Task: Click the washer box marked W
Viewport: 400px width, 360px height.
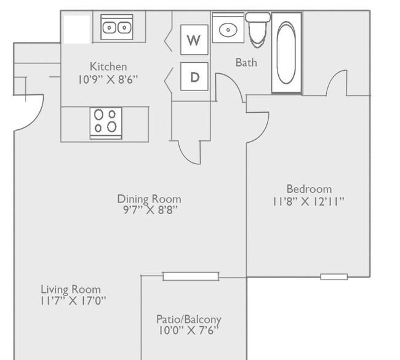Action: [x=194, y=40]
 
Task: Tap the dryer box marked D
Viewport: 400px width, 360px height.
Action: [x=194, y=76]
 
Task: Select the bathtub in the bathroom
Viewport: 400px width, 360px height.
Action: [x=287, y=52]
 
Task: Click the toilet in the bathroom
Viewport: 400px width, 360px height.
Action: [x=258, y=30]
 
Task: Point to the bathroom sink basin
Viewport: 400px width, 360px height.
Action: [x=228, y=30]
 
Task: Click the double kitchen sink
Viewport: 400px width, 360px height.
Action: [x=117, y=27]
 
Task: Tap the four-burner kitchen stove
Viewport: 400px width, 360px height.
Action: [x=106, y=124]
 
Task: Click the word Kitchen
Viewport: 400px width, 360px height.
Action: [x=108, y=66]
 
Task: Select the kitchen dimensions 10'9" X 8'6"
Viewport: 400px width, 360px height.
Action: [x=108, y=79]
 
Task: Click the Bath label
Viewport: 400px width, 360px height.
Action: [x=246, y=63]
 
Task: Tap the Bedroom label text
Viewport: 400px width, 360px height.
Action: [x=309, y=189]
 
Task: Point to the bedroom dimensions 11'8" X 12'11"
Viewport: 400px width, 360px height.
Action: [x=308, y=202]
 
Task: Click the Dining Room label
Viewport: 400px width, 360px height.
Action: [x=150, y=199]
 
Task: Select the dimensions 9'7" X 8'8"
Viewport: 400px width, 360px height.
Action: [x=150, y=210]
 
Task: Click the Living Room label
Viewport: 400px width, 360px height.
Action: [x=71, y=290]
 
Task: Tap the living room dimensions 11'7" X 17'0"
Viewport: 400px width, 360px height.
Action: [x=73, y=301]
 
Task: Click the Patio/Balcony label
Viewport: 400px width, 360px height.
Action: [x=189, y=319]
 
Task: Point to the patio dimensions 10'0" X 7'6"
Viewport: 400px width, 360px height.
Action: [x=189, y=330]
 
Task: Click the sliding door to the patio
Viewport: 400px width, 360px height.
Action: [x=191, y=276]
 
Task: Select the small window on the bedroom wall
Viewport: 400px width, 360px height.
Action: [x=334, y=276]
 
